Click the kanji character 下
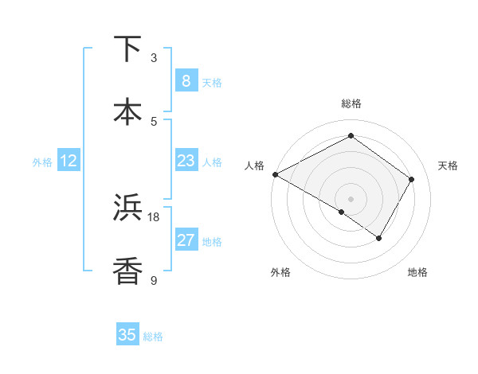(128, 49)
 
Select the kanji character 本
(128, 111)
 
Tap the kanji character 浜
(128, 208)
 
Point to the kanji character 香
(128, 271)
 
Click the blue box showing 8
(186, 81)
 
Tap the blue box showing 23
(186, 161)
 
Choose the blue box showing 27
(186, 240)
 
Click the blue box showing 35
(127, 335)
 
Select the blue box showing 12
(69, 161)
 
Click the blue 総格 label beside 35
(153, 337)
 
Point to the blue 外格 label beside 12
(42, 162)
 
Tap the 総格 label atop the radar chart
(351, 103)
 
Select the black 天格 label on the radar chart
(448, 166)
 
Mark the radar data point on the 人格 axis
(275, 174)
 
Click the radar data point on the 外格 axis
(342, 212)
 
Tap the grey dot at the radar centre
(351, 198)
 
